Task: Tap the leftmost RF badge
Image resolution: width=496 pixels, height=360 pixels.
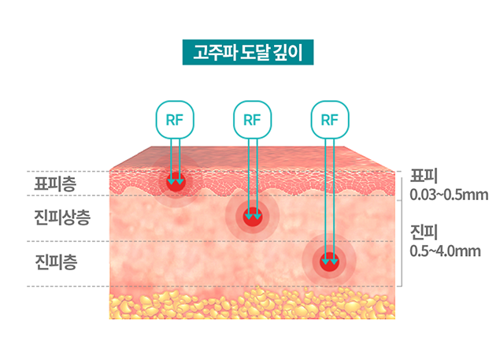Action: point(175,120)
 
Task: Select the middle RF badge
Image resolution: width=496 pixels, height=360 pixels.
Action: point(252,120)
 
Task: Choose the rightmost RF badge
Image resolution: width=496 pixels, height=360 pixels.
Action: point(330,120)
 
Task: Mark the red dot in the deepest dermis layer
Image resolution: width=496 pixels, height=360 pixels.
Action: point(330,260)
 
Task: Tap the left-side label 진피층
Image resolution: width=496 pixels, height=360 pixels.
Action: point(54,259)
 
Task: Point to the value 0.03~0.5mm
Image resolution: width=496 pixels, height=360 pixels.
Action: point(446,194)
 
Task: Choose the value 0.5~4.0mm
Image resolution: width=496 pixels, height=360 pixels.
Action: point(446,251)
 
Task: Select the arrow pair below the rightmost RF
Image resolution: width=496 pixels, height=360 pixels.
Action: point(330,197)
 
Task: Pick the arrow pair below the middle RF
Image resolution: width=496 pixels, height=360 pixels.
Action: point(252,173)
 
